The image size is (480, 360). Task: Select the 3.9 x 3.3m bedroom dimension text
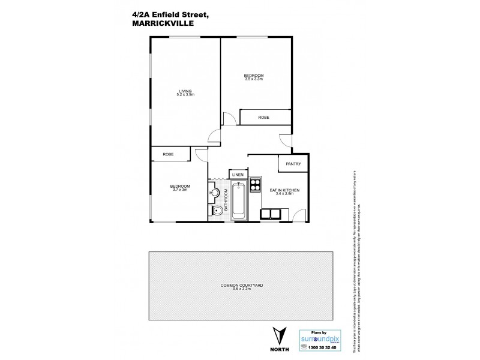(254, 78)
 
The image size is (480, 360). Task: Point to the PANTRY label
(293, 164)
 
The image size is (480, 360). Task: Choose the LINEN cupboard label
(238, 175)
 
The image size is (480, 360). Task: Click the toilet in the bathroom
(216, 211)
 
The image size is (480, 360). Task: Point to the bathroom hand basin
(215, 193)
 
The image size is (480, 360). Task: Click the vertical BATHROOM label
(226, 200)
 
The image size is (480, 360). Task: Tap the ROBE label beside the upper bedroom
(263, 118)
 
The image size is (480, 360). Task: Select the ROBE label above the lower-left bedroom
(167, 154)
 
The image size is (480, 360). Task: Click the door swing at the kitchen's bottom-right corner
(298, 214)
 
